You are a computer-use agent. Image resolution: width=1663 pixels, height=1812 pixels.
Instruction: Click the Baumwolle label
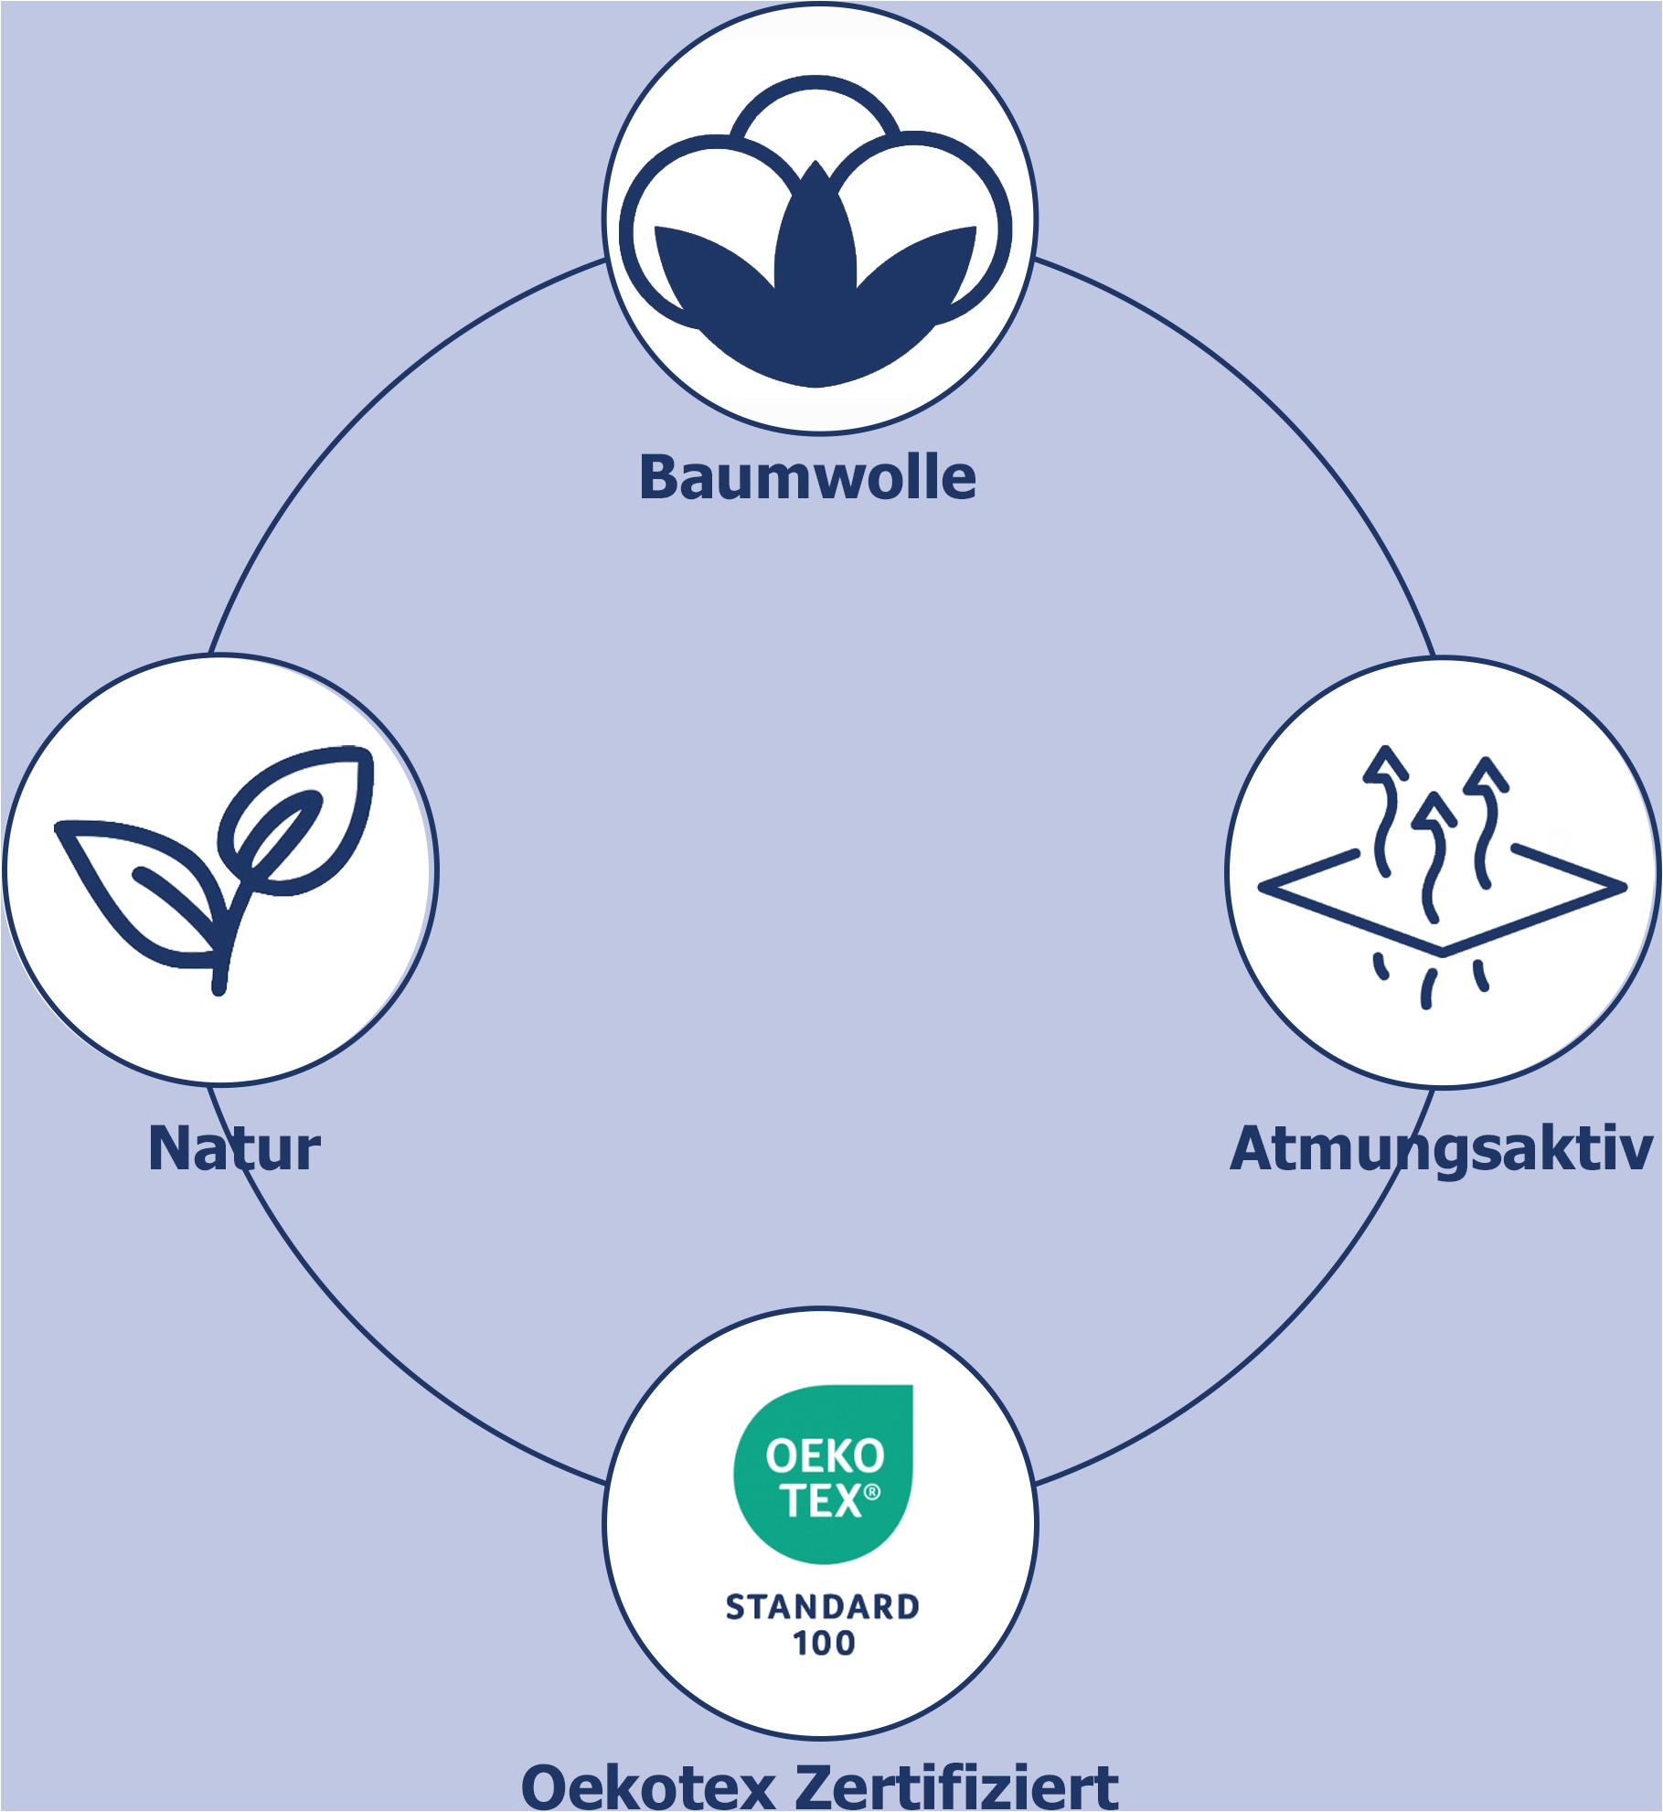[807, 477]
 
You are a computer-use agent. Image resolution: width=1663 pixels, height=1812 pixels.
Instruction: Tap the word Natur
[234, 1148]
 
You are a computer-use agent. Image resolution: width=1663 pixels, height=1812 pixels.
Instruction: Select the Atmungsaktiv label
[1441, 1150]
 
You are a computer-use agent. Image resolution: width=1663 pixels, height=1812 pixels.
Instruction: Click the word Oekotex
[647, 1786]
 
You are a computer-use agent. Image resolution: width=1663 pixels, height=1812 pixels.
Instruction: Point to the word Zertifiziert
[957, 1786]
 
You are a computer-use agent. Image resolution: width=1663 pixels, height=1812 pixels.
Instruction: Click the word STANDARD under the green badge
[822, 1606]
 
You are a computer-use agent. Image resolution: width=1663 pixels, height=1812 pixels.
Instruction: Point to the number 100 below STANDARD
[824, 1643]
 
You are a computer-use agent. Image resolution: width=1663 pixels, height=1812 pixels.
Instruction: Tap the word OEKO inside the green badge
[825, 1456]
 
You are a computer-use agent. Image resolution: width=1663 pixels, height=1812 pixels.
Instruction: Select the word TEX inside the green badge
[820, 1500]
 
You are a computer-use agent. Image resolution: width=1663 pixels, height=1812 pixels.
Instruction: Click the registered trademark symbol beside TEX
[872, 1492]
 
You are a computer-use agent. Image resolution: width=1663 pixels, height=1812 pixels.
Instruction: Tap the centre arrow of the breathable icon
[1434, 855]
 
